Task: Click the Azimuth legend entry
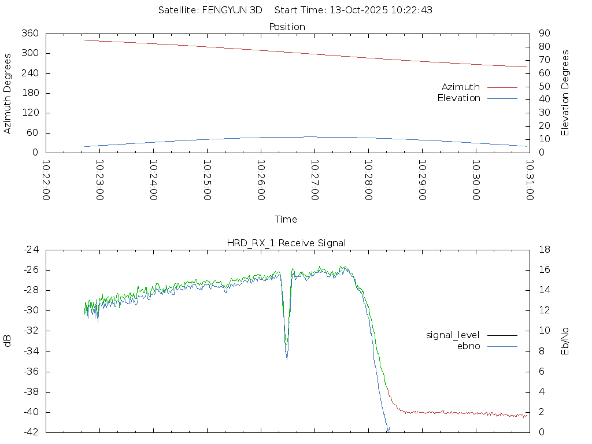click(x=461, y=87)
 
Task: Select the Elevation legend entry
click(x=459, y=98)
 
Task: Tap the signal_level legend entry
click(x=453, y=335)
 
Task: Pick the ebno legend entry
click(x=469, y=346)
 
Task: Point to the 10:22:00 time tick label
click(x=46, y=180)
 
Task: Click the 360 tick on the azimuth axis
click(x=29, y=34)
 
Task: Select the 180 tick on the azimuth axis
click(x=29, y=93)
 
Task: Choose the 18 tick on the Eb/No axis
click(x=543, y=250)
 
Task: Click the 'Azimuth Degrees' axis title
click(x=8, y=93)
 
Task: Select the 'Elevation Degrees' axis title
click(x=565, y=93)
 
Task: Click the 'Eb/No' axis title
click(x=565, y=341)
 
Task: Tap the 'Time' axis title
click(x=286, y=220)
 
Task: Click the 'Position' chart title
click(x=287, y=27)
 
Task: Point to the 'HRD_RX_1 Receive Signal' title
click(x=286, y=243)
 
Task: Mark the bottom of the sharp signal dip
click(x=287, y=359)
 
